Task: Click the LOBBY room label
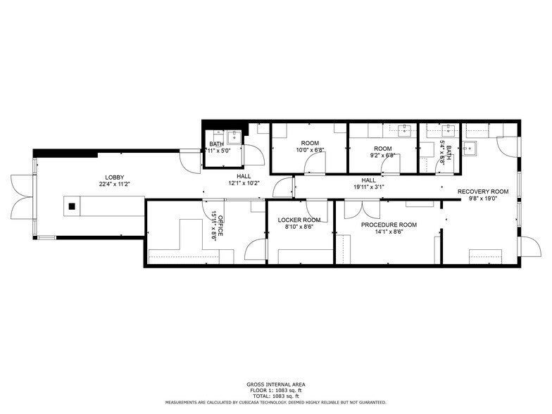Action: (x=115, y=177)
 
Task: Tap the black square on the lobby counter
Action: (x=71, y=206)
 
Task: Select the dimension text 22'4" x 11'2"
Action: (x=115, y=184)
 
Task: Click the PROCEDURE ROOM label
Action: (x=389, y=225)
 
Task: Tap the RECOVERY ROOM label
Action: (x=482, y=192)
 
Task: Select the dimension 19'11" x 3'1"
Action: (x=368, y=187)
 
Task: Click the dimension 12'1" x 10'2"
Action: (x=244, y=184)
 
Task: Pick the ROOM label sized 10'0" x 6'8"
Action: (x=310, y=143)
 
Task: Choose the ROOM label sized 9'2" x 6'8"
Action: (x=382, y=149)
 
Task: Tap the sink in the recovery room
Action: (x=470, y=147)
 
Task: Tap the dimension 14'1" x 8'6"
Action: (x=389, y=232)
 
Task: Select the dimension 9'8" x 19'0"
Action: (x=482, y=199)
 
